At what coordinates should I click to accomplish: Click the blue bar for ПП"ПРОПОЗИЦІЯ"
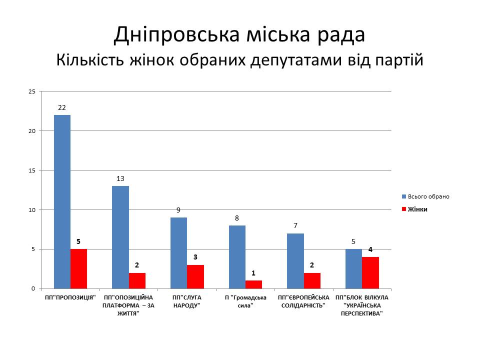(62, 201)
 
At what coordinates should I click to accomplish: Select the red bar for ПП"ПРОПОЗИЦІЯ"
(78, 268)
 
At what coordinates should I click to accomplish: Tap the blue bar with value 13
(120, 237)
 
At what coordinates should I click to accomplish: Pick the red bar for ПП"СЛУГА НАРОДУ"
(195, 276)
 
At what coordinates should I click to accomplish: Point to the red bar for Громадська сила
(253, 284)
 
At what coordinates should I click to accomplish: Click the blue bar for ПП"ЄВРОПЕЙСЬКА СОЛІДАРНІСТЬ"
(295, 260)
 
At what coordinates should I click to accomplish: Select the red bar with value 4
(370, 272)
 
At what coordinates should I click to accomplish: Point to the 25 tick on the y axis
(32, 91)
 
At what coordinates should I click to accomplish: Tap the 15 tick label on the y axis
(32, 170)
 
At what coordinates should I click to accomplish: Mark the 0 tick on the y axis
(33, 288)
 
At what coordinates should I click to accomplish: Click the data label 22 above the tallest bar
(62, 107)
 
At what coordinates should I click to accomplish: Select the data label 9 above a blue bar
(178, 210)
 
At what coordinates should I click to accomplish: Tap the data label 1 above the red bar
(253, 273)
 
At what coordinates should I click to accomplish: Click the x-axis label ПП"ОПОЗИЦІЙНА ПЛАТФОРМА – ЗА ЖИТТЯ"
(128, 305)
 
